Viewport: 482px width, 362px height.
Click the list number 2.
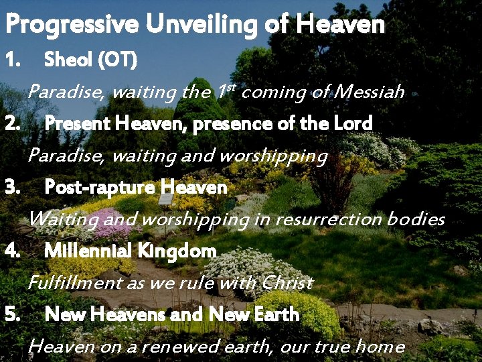(x=13, y=123)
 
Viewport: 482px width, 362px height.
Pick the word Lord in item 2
(x=351, y=123)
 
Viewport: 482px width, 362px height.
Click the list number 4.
(x=13, y=251)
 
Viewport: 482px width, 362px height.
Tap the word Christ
(x=287, y=283)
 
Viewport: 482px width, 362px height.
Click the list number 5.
(x=13, y=314)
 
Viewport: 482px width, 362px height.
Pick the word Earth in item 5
(x=277, y=314)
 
